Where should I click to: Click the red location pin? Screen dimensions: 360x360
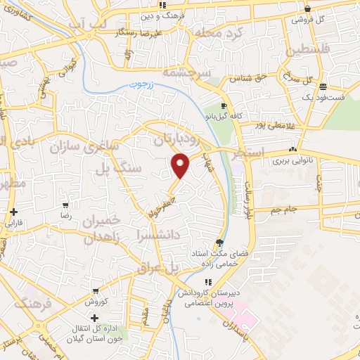(181, 165)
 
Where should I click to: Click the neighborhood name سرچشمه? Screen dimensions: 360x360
(188, 72)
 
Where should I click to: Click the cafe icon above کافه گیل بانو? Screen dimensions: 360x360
(224, 106)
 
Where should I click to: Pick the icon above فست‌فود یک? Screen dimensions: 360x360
(323, 87)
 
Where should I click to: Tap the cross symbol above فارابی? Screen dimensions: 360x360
(14, 211)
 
